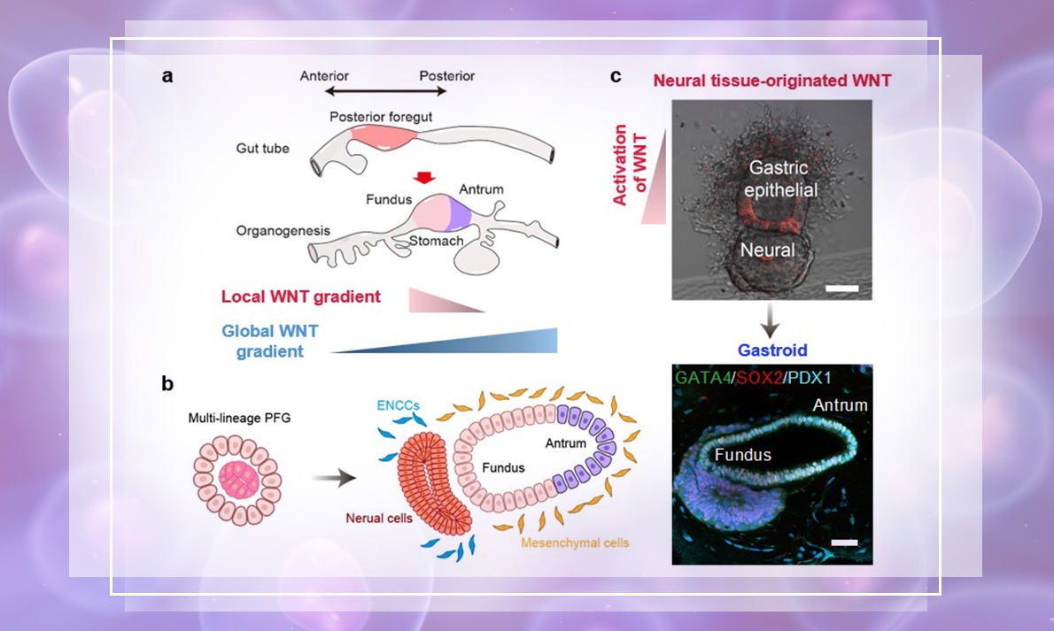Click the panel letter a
pyautogui.click(x=167, y=76)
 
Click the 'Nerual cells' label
pyautogui.click(x=379, y=519)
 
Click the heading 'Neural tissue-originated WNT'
pyautogui.click(x=771, y=81)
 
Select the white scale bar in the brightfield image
pyautogui.click(x=838, y=289)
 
